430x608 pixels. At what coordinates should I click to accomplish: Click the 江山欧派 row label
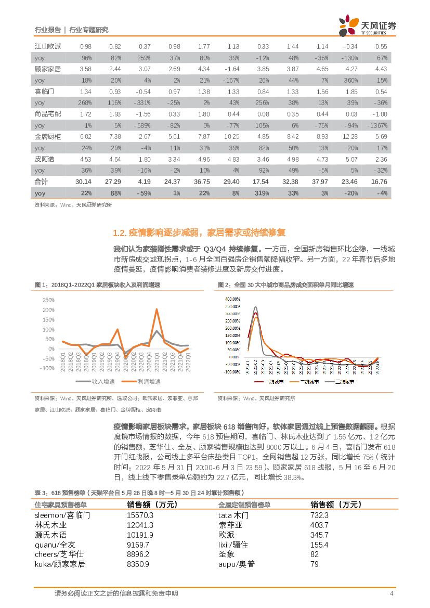(48, 46)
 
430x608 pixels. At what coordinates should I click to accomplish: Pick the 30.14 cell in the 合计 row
(84, 182)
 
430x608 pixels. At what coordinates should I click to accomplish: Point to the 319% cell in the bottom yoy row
(262, 193)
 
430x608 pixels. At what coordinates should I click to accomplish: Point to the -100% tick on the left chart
(47, 368)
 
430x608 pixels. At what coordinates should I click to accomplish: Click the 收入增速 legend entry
(98, 381)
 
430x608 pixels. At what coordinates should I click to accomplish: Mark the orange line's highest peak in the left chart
(157, 309)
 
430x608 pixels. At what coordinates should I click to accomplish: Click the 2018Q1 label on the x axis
(63, 361)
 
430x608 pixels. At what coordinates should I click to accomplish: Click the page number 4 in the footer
(392, 593)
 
